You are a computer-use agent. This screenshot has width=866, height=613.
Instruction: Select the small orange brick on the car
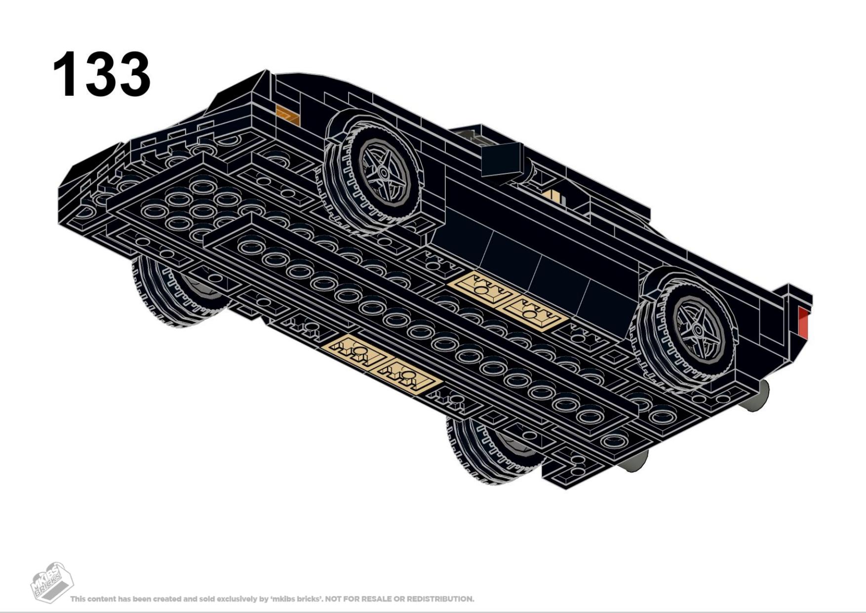[x=288, y=115]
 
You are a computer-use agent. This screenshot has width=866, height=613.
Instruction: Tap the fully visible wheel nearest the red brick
[x=689, y=328]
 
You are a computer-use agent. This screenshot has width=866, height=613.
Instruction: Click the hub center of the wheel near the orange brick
[x=383, y=171]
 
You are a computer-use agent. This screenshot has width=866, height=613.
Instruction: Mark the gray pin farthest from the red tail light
[x=633, y=460]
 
